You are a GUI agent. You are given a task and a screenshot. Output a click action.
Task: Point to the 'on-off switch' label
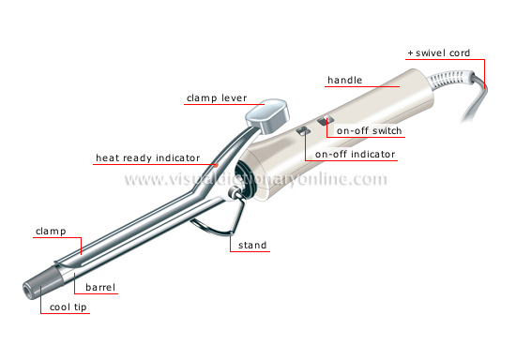pyautogui.click(x=370, y=130)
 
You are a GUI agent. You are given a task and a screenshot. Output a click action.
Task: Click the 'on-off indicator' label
pyautogui.click(x=356, y=154)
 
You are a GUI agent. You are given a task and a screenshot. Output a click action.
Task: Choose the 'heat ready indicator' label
pyautogui.click(x=142, y=158)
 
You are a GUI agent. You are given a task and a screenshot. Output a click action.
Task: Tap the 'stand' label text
pyautogui.click(x=252, y=246)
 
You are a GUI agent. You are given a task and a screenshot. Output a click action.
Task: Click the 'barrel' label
pyautogui.click(x=99, y=262)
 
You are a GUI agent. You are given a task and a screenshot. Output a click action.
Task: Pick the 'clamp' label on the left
pyautogui.click(x=50, y=229)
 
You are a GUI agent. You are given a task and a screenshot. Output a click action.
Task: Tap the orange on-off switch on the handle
pyautogui.click(x=325, y=121)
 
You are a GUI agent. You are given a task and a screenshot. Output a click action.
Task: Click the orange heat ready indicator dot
pyautogui.click(x=218, y=165)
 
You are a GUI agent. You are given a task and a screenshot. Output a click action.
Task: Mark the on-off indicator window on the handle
pyautogui.click(x=302, y=132)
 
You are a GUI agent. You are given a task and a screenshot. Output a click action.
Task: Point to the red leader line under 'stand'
pyautogui.click(x=252, y=253)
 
